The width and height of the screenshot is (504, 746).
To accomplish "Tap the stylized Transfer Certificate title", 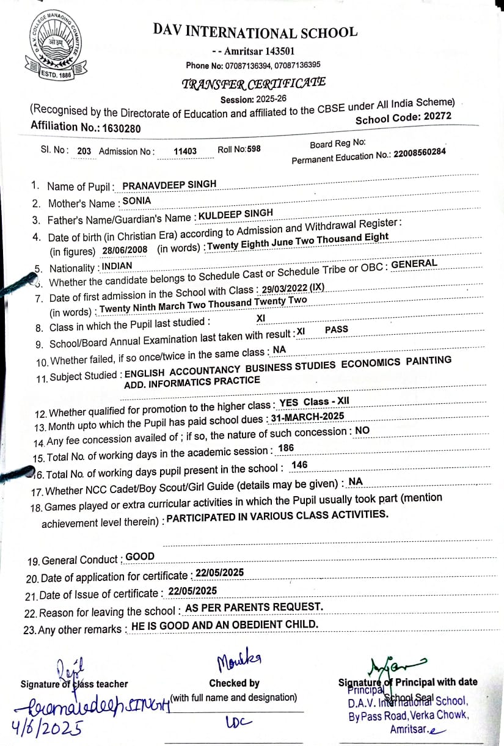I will click(254, 84).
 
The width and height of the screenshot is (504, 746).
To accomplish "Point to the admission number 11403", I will click(185, 151).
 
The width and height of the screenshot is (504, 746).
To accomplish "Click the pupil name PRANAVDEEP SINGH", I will click(169, 185).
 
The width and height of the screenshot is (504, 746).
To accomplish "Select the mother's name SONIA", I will click(137, 200).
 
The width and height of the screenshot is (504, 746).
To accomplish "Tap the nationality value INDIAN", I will click(117, 266).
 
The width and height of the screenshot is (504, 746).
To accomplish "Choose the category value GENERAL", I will click(414, 264).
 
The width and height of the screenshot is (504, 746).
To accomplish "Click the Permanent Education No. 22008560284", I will click(420, 153).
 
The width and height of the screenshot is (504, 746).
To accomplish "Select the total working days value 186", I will click(286, 448).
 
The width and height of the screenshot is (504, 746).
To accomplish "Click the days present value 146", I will click(300, 466).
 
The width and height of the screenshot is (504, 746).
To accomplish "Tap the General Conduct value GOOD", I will click(140, 557).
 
